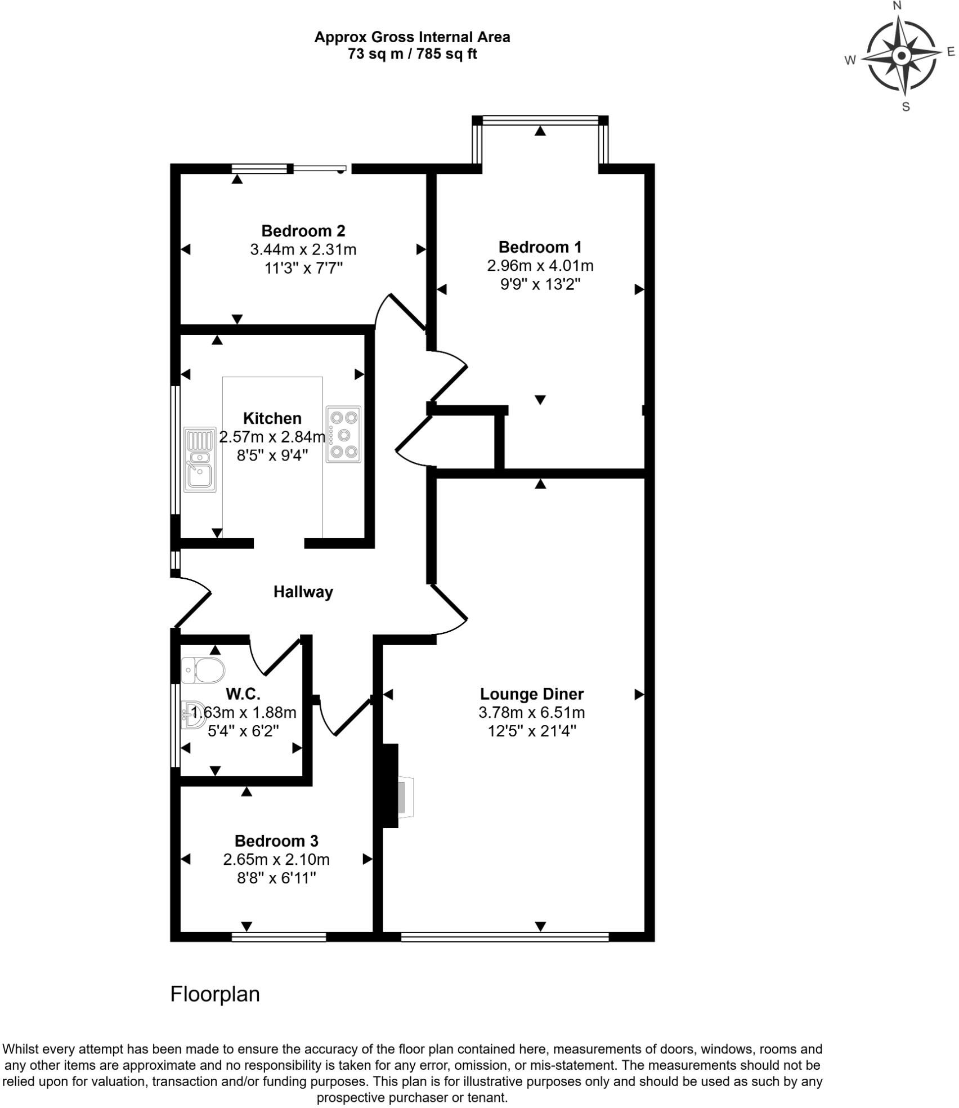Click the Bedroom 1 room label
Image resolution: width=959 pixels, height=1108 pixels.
click(x=540, y=247)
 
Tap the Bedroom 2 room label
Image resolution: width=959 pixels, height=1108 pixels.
click(x=303, y=230)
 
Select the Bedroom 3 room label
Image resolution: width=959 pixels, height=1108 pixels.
click(x=276, y=841)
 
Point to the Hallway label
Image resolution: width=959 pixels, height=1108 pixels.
click(x=303, y=592)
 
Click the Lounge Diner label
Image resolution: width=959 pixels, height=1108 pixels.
click(x=531, y=694)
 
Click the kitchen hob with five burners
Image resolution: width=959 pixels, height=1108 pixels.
click(x=343, y=434)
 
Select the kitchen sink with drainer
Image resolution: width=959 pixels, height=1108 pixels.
click(x=200, y=459)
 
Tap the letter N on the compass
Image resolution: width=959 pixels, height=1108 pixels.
click(x=898, y=6)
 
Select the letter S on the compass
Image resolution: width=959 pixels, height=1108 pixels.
click(x=906, y=107)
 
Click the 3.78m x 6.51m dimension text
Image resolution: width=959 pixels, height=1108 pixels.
click(x=531, y=712)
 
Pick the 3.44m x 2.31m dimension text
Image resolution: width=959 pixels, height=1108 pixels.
click(x=303, y=249)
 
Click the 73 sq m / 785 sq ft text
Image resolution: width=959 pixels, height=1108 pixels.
click(x=412, y=54)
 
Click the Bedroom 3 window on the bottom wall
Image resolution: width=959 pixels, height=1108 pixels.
click(x=279, y=936)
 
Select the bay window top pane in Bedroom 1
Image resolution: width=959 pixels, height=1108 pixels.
click(x=540, y=119)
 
